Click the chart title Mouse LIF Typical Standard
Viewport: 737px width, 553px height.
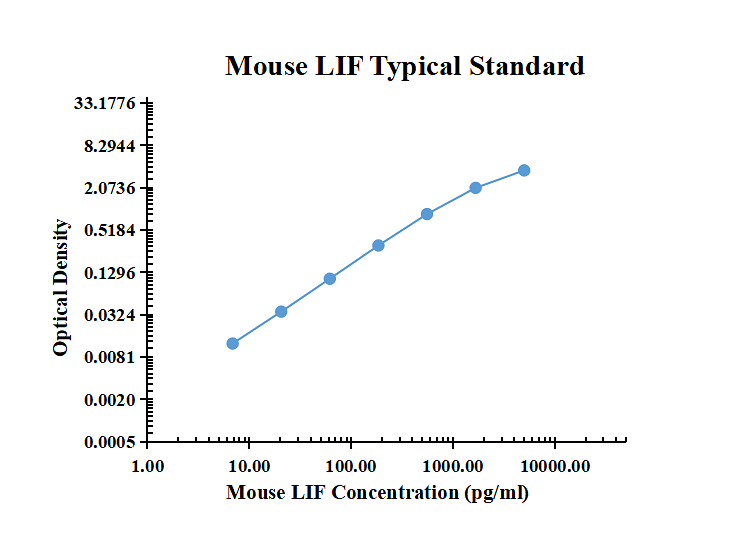click(x=404, y=66)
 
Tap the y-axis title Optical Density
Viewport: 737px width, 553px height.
click(x=62, y=287)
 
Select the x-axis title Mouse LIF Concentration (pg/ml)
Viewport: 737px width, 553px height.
click(x=377, y=492)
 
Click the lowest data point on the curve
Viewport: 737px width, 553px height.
click(x=233, y=343)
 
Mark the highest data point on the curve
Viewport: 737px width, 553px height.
click(x=524, y=170)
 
